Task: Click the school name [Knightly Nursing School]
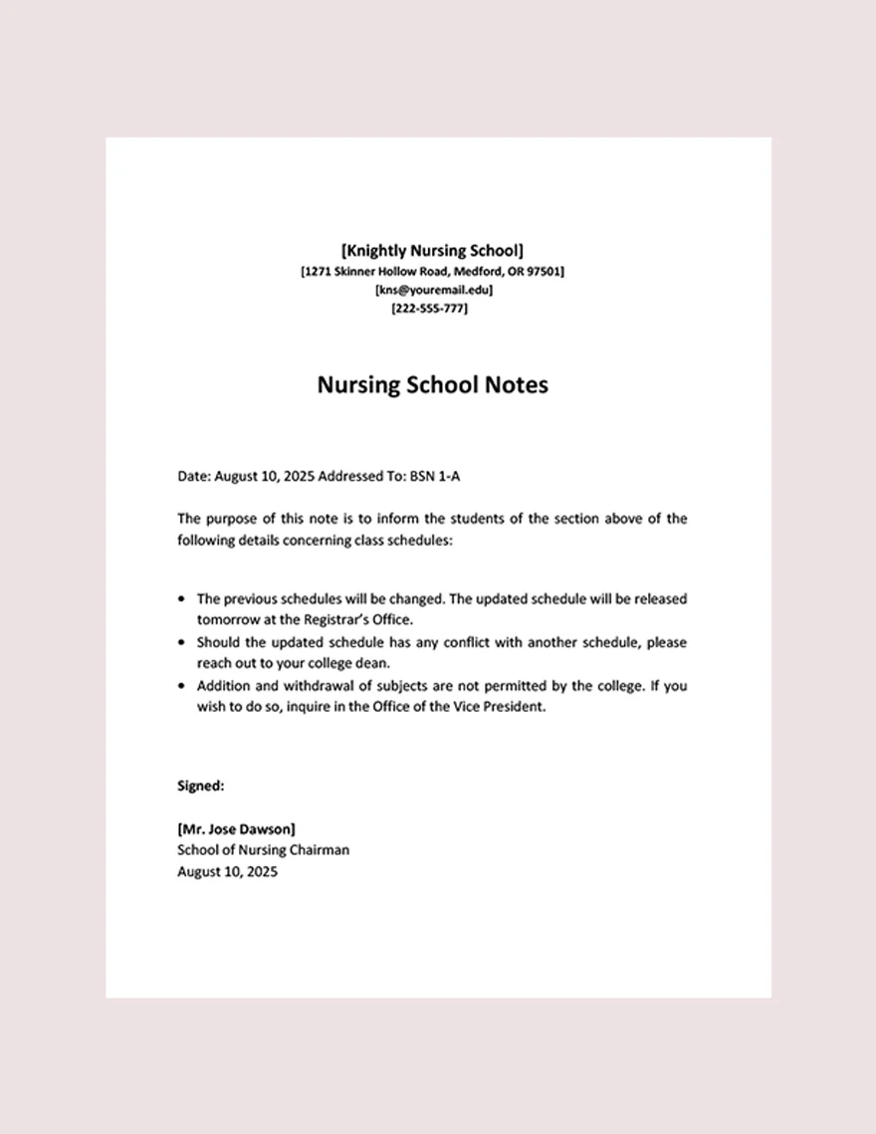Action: click(x=432, y=251)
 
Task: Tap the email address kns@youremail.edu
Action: click(x=433, y=290)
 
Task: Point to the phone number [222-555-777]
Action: click(x=430, y=309)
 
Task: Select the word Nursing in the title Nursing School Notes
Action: click(x=359, y=385)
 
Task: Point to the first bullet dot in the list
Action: click(x=181, y=599)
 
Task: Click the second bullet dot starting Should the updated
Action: click(x=181, y=643)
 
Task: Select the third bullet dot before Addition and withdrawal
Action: click(x=181, y=686)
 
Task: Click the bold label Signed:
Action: click(x=200, y=786)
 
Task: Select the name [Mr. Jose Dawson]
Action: click(x=236, y=828)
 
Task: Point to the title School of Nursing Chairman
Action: click(x=263, y=850)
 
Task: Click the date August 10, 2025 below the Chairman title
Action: click(x=227, y=872)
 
